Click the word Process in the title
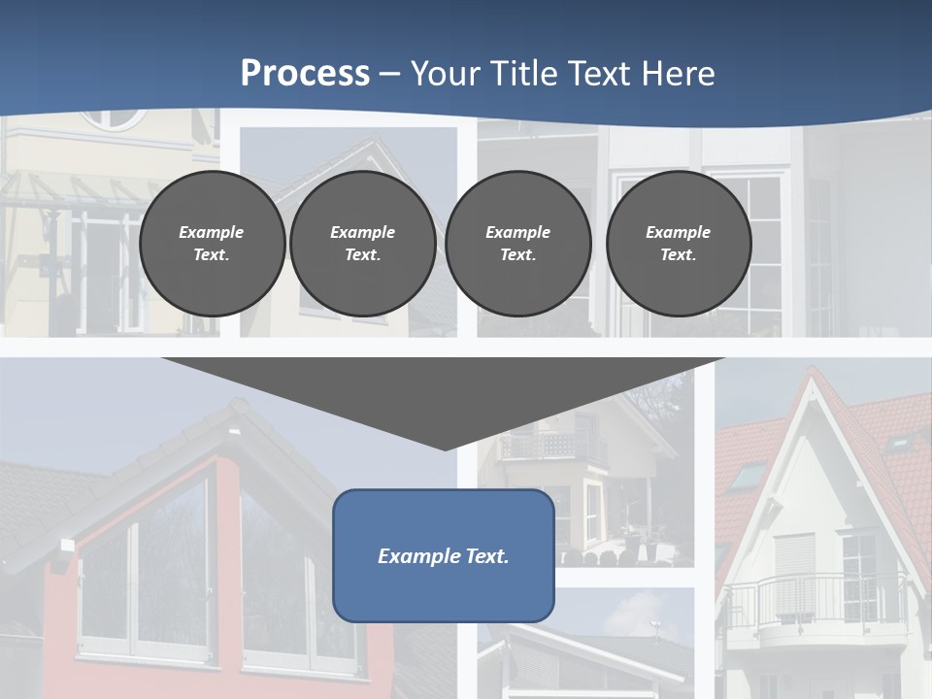305,74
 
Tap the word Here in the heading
677,74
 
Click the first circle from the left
212,244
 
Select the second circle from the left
363,244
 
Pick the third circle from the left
517,244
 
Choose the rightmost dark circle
678,244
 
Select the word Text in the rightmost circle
678,255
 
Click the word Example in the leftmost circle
211,232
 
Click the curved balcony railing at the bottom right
815,597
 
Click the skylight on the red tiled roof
749,476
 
